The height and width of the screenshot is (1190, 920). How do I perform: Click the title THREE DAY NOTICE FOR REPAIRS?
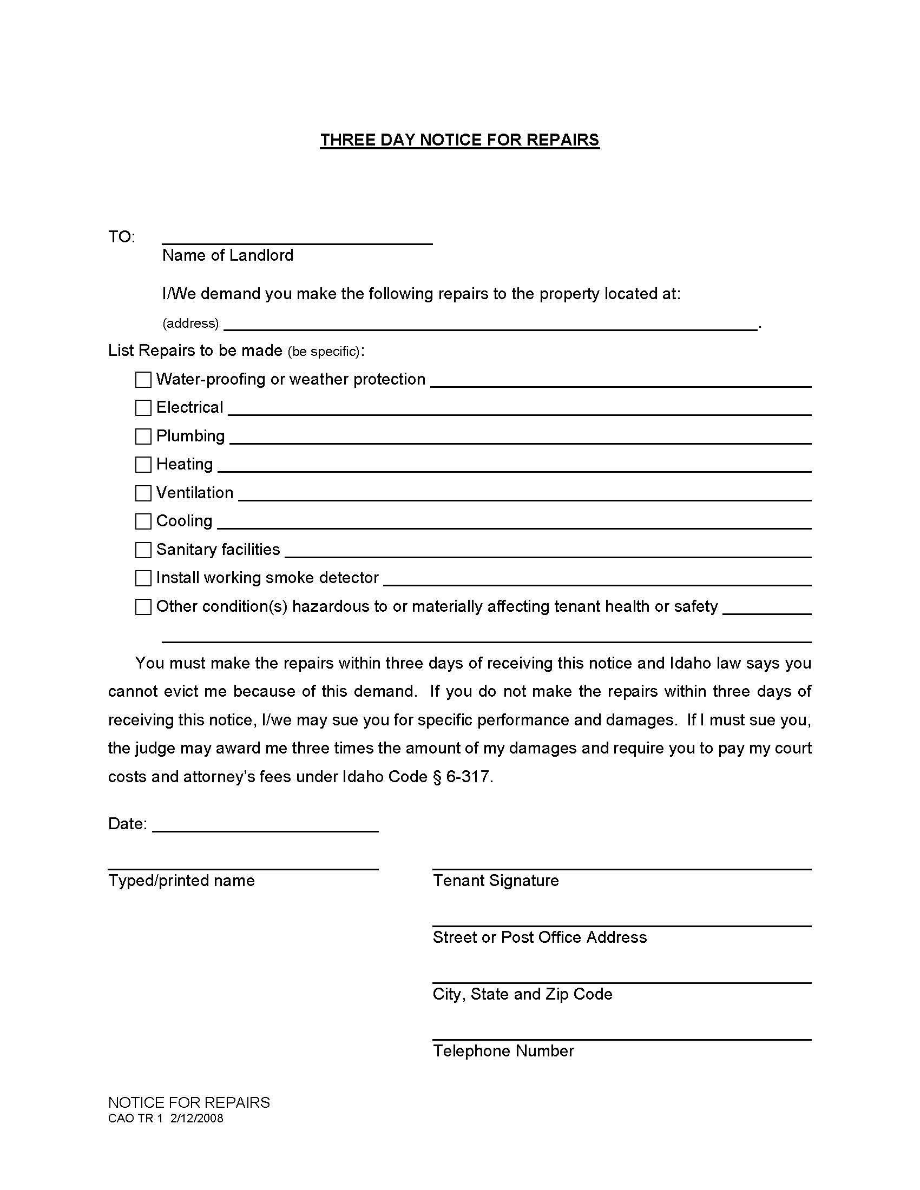pos(459,140)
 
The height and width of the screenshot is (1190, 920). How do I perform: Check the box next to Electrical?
pos(143,407)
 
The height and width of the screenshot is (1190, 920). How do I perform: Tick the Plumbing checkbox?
pos(143,436)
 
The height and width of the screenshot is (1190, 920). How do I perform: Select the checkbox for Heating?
pos(143,464)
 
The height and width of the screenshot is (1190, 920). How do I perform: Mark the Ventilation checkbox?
pos(143,493)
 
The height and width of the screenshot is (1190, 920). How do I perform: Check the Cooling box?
pos(143,521)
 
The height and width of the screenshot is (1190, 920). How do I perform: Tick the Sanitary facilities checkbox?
pos(143,550)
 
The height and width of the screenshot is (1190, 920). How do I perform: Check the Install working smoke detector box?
pos(143,578)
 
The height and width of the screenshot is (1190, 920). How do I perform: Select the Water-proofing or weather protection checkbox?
pos(143,380)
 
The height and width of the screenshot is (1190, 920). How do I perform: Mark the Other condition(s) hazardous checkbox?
pos(143,607)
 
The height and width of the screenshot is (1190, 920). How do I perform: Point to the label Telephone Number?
pos(503,1051)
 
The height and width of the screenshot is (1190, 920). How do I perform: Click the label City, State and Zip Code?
pos(522,994)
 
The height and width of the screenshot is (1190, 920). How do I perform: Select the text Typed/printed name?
pos(181,881)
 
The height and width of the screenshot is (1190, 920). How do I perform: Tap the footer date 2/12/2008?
pos(197,1119)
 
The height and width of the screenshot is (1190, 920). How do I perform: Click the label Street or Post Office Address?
pos(540,937)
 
